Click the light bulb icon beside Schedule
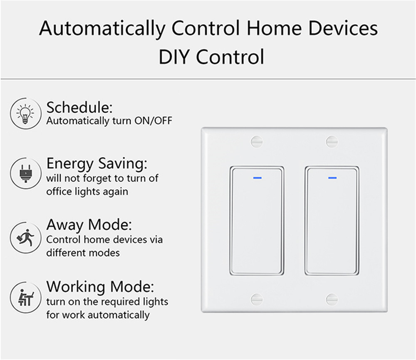pos(25,113)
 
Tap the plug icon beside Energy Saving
pos(25,173)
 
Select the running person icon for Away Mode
pos(25,237)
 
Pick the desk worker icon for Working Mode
pos(25,298)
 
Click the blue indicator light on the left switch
pos(258,178)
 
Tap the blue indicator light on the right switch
pos(332,178)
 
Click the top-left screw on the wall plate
pos(257,142)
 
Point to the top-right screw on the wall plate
pos(332,142)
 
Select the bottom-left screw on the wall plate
pos(257,300)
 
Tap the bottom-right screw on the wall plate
pos(332,300)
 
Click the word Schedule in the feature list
pos(78,107)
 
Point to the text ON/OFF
pos(154,121)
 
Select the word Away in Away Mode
pos(65,225)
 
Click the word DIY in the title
pos(174,57)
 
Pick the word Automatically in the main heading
pos(102,29)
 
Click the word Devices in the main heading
pos(343,28)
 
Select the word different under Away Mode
pos(64,253)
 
